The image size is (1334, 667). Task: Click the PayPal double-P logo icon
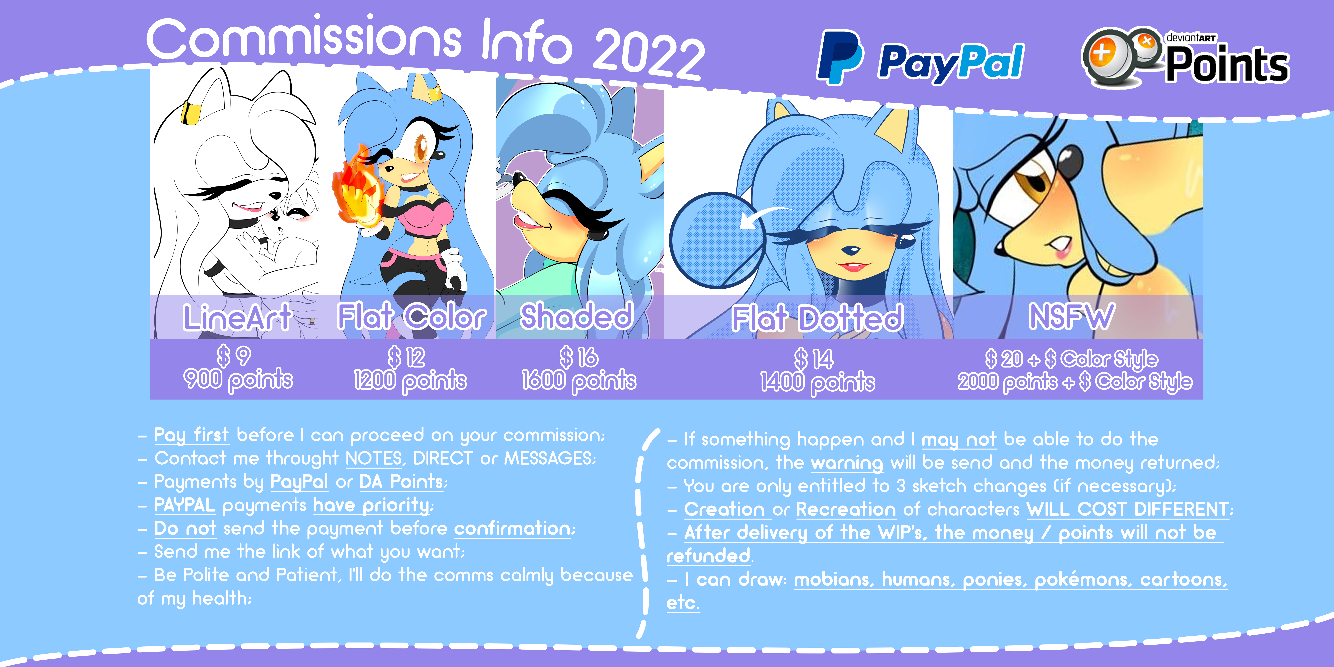(x=840, y=57)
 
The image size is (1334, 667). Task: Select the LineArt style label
(x=237, y=317)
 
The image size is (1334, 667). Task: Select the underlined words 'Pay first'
(x=191, y=435)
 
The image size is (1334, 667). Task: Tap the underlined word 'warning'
(x=847, y=462)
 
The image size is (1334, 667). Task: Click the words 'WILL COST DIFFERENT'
(x=1127, y=509)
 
